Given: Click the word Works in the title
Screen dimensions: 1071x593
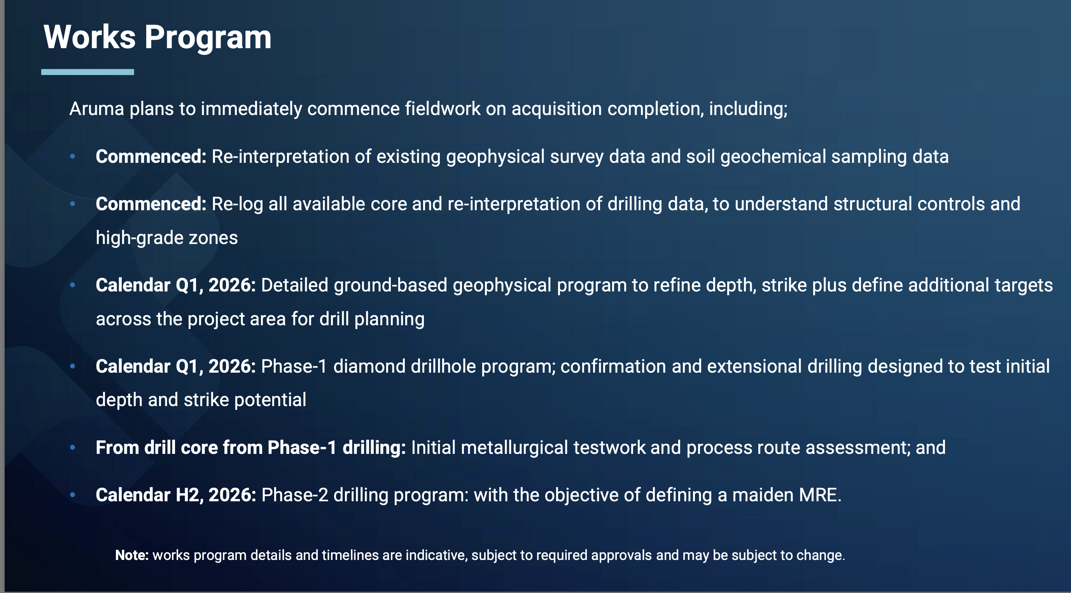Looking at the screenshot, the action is [x=90, y=37].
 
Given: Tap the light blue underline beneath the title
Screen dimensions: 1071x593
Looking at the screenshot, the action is [x=88, y=72].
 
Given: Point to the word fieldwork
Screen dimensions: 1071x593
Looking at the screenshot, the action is [x=443, y=109].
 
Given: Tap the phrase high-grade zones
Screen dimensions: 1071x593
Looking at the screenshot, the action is [x=167, y=238].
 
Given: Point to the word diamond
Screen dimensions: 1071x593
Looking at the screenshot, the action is [x=369, y=366].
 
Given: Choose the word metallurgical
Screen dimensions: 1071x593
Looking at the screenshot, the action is [x=514, y=448].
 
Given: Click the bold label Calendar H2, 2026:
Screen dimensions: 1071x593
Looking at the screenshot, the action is [x=176, y=495].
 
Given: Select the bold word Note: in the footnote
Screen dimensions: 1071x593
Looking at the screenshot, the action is [x=132, y=556].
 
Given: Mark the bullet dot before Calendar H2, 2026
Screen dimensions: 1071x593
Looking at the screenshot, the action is [x=73, y=495].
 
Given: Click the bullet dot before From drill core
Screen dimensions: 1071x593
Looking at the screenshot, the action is [x=73, y=448].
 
